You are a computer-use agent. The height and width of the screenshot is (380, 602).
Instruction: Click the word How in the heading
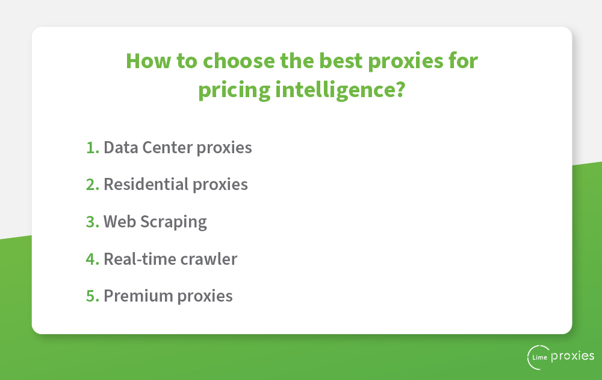coord(148,61)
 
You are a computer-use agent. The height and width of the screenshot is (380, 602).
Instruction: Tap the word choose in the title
coord(239,61)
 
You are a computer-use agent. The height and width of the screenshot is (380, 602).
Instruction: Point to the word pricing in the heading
coord(234,90)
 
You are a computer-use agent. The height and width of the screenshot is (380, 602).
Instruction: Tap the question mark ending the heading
coord(400,90)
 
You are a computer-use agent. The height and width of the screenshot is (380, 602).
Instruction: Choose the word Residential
coord(146,185)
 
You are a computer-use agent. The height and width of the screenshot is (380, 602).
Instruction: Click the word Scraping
coord(173,223)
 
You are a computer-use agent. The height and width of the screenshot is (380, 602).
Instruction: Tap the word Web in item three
coord(120,222)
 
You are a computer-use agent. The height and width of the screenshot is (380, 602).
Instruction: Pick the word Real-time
coord(140,259)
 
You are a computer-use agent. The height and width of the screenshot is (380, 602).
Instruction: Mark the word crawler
coord(209,259)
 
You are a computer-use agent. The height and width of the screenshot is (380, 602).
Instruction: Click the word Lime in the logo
coord(540,357)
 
